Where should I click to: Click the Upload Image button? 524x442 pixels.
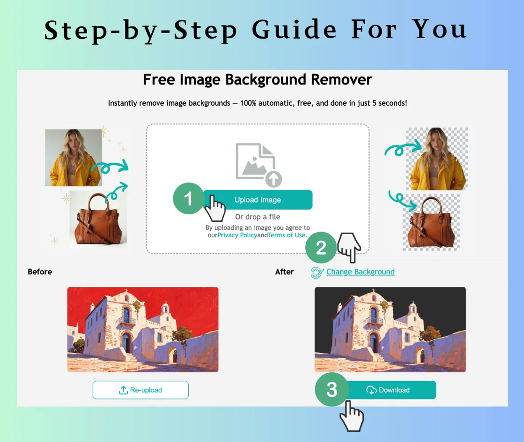[x=258, y=200]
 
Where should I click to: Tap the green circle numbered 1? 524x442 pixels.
[x=188, y=198]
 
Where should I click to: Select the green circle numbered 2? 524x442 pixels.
[x=321, y=248]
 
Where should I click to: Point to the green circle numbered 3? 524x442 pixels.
[x=331, y=389]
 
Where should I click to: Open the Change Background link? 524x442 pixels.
[x=360, y=272]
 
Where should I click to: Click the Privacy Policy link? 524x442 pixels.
[x=237, y=235]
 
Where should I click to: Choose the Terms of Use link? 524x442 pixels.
[x=287, y=235]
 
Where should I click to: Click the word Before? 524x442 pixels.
[x=40, y=272]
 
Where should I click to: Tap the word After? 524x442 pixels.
[x=284, y=272]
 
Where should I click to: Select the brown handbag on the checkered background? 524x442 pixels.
[x=431, y=223]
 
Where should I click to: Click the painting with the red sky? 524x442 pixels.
[x=143, y=329]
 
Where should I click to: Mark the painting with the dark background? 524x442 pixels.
[x=390, y=329]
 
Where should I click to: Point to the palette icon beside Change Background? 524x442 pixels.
[x=317, y=272]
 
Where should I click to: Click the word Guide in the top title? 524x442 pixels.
[x=294, y=30]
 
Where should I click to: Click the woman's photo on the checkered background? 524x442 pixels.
[x=437, y=159]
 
